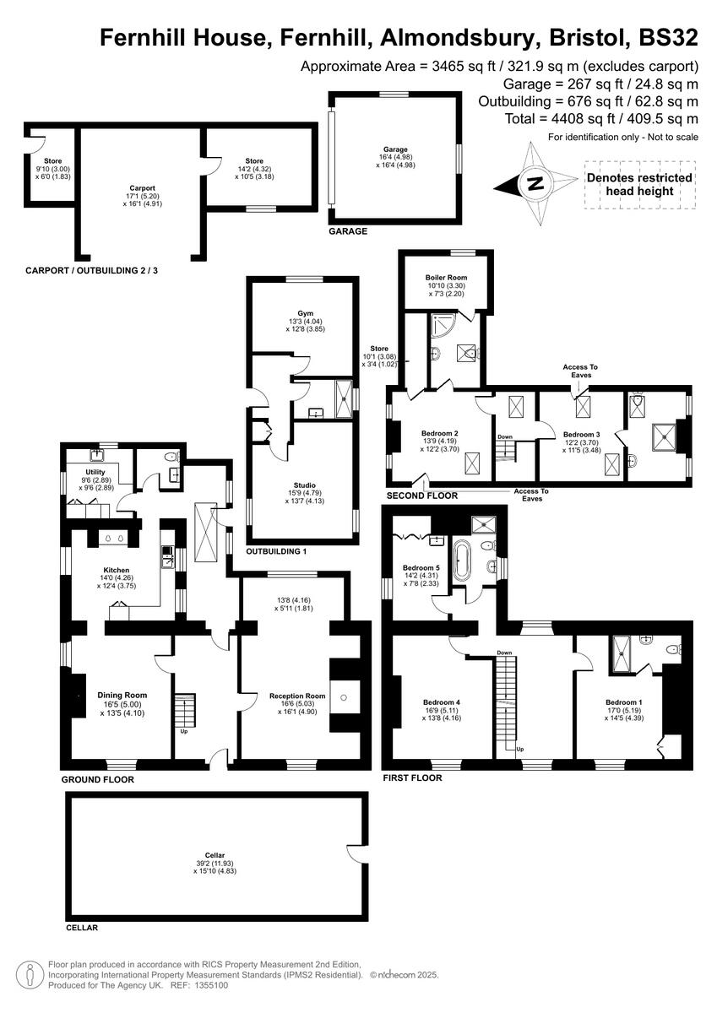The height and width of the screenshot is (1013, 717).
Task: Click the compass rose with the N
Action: click(533, 182)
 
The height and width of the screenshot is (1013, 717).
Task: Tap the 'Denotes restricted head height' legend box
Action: click(639, 184)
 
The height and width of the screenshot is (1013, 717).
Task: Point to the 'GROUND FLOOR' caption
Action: click(97, 780)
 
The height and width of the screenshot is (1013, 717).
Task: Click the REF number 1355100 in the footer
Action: click(209, 984)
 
